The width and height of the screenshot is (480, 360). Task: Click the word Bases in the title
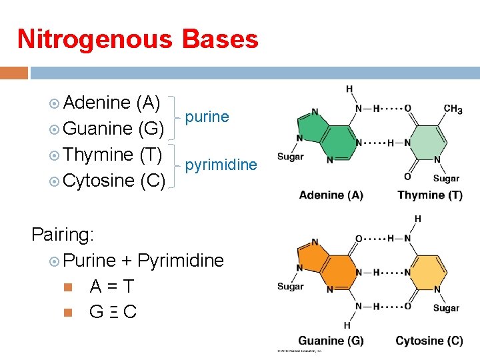tap(218, 39)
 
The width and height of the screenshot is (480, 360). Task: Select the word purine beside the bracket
tap(207, 117)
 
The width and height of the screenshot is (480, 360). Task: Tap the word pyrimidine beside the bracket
tap(221, 164)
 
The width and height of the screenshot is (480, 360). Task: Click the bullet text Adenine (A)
tap(113, 103)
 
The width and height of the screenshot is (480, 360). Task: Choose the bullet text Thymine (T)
tap(113, 154)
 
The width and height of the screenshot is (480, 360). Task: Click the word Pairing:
tap(63, 234)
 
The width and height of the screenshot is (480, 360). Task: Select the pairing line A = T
tap(112, 287)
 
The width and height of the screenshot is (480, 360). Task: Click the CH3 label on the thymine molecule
tap(453, 109)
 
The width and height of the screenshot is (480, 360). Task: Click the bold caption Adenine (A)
tap(331, 195)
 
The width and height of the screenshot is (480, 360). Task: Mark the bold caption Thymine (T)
tap(429, 195)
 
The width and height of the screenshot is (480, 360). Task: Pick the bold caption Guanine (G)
tap(331, 341)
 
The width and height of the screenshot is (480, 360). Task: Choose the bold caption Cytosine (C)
tap(429, 341)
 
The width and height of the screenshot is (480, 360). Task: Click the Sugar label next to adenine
tap(290, 157)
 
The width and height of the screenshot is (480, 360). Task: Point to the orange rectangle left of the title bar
tap(14, 72)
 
